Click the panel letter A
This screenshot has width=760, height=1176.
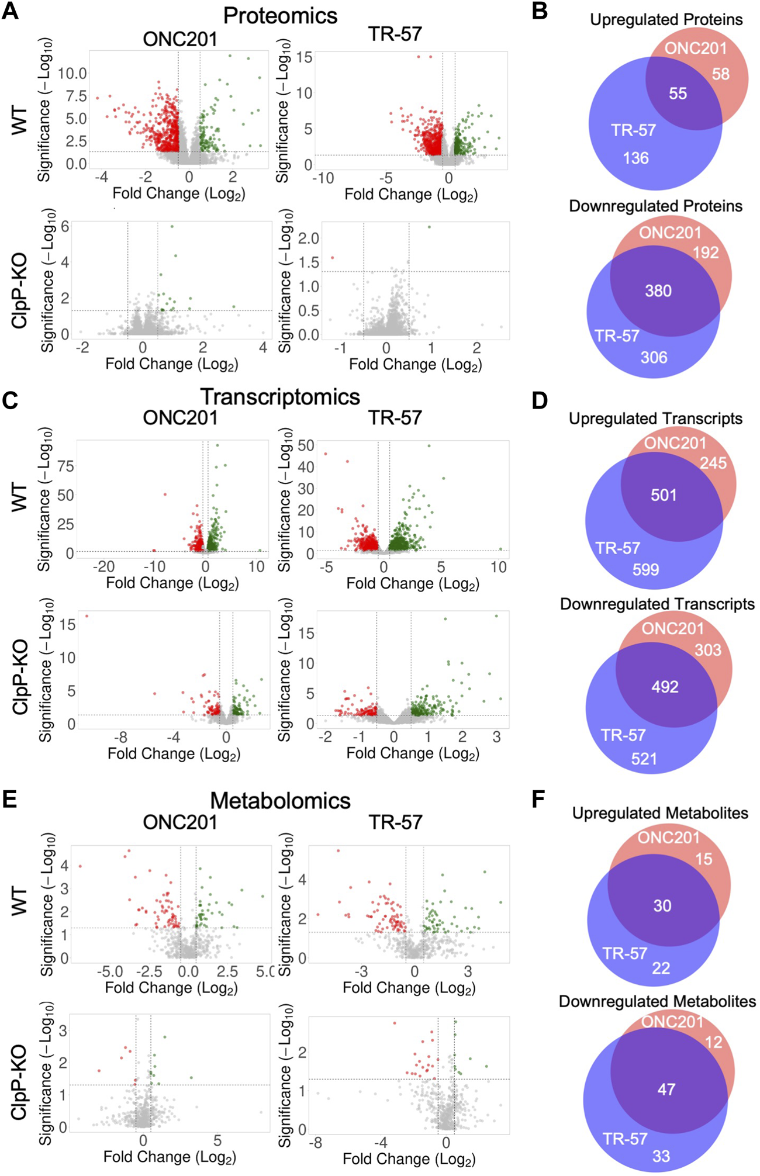point(10,12)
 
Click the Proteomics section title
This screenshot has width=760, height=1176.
point(280,16)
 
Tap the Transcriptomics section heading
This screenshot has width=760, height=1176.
point(280,397)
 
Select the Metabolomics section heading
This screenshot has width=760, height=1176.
point(280,800)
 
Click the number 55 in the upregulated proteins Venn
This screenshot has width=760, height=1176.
point(678,94)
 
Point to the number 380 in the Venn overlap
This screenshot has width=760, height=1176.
point(658,291)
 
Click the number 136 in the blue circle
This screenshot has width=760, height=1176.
point(635,158)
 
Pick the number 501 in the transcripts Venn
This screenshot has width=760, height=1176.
point(664,495)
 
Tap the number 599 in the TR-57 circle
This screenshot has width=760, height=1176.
point(645,569)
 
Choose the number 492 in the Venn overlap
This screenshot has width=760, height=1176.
point(665,686)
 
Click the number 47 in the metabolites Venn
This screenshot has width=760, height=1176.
point(666,1089)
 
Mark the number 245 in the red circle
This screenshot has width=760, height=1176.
point(713,464)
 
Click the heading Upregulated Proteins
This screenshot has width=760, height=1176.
point(666,20)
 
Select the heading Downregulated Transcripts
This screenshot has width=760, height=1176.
point(657,604)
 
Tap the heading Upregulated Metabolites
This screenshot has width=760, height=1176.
point(660,813)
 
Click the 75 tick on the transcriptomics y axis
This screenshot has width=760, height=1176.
point(65,466)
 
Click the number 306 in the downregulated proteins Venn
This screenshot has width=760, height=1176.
point(654,357)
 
